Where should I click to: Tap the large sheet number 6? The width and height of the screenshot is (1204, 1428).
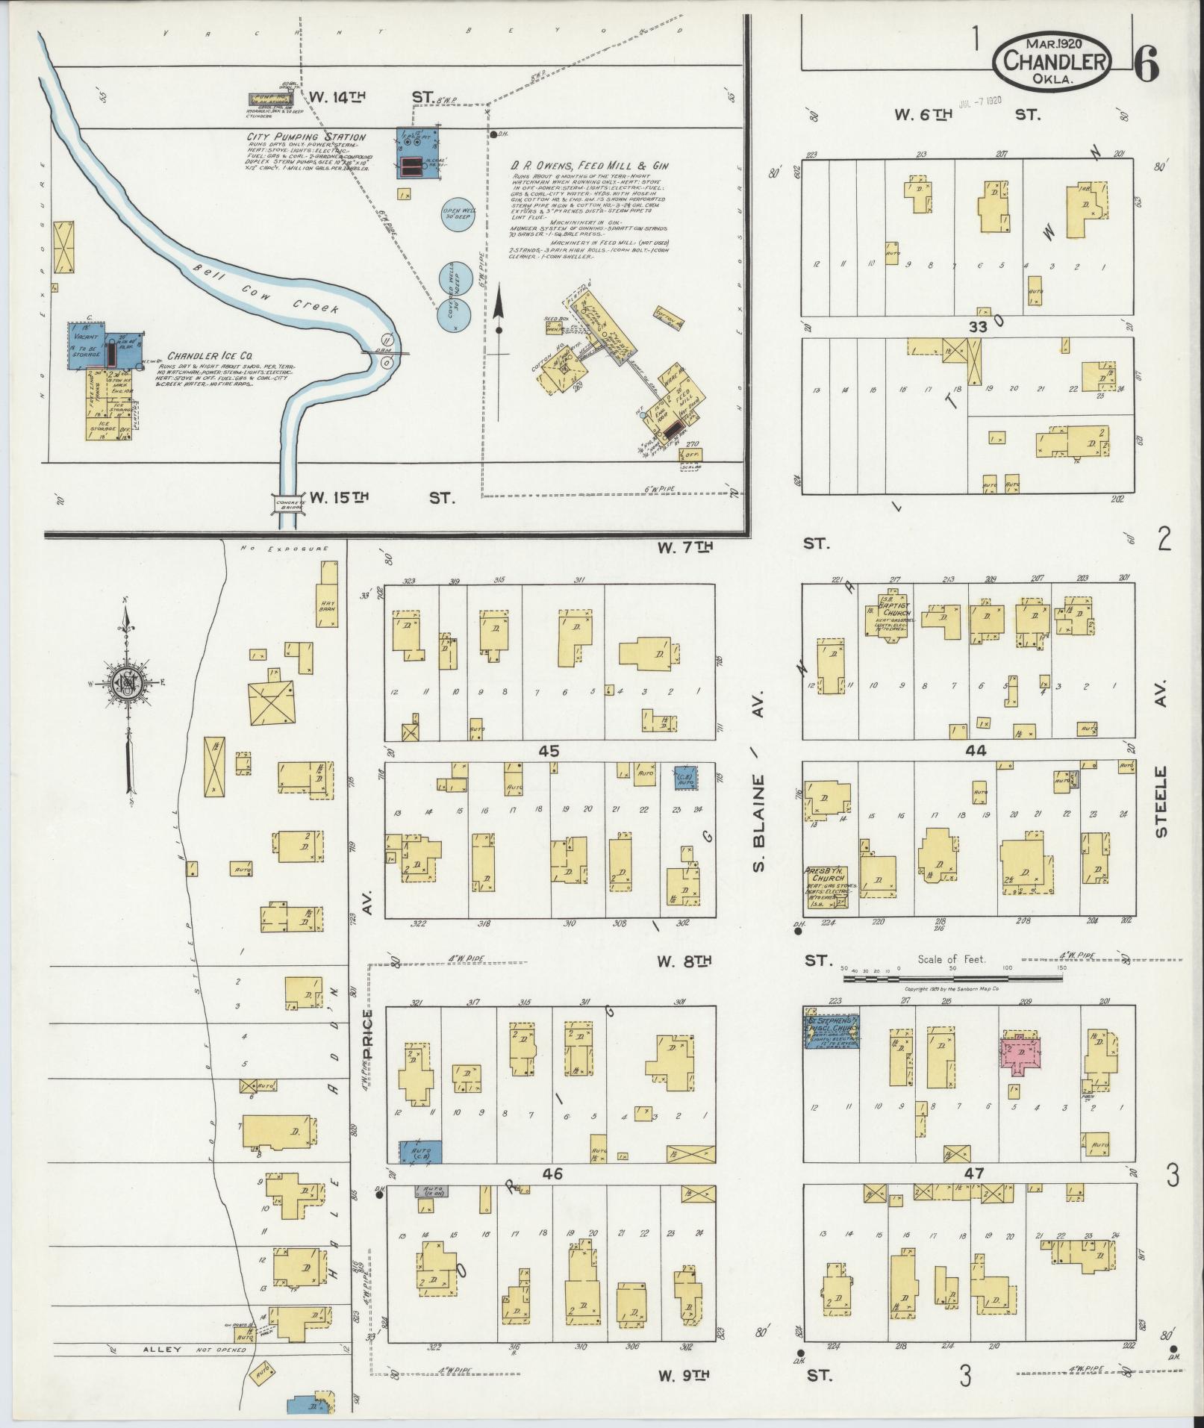pyautogui.click(x=1146, y=66)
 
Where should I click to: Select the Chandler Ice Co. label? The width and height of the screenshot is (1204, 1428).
pyautogui.click(x=210, y=357)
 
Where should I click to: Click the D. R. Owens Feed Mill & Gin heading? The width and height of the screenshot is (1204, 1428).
pyautogui.click(x=590, y=166)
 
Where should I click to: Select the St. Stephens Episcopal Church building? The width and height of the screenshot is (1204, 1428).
pyautogui.click(x=831, y=1032)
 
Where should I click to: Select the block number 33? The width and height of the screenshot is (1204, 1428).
pyautogui.click(x=977, y=326)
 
